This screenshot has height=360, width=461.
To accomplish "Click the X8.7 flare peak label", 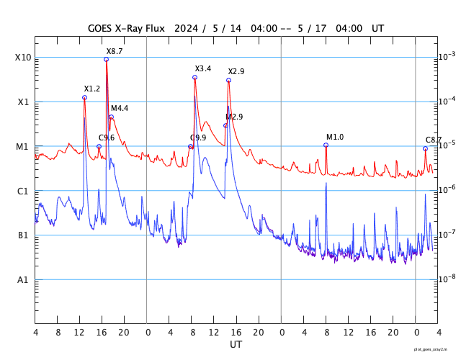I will point(115,52).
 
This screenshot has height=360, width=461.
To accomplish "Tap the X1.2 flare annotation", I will point(92,89).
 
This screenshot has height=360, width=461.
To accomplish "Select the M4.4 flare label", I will point(120,108).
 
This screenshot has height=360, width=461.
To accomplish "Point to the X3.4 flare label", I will point(203,68).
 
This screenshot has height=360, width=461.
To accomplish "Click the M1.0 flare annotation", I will point(335,137).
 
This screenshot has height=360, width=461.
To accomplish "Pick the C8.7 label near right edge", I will point(434,140).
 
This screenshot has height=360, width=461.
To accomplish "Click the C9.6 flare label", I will point(107,138).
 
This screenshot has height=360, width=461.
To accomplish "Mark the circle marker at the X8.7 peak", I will point(107,59).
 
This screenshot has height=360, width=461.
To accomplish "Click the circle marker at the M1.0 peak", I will point(326,145).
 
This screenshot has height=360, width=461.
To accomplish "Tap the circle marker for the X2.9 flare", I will point(228,80).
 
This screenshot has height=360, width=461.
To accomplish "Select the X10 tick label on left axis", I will point(22,58).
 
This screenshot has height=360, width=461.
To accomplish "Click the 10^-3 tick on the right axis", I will point(447,56).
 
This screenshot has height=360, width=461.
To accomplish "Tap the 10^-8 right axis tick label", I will point(447,278).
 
